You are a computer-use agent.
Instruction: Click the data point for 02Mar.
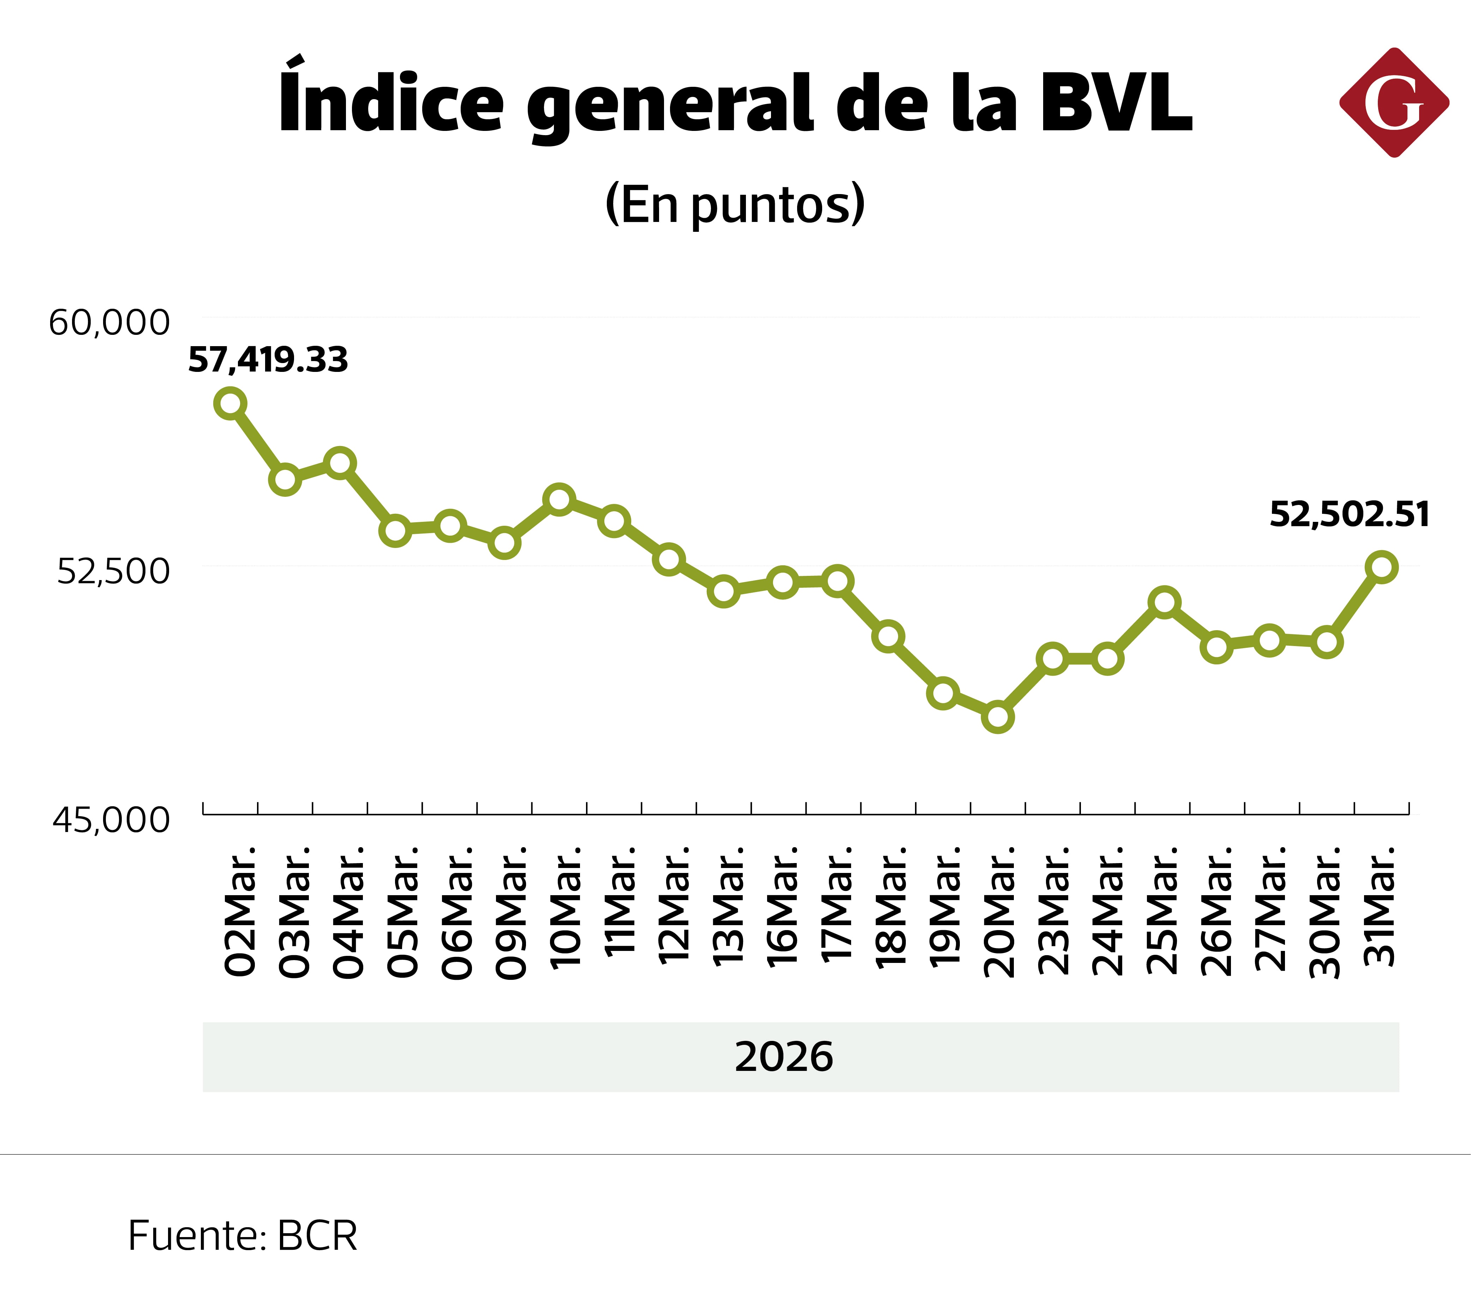coord(230,404)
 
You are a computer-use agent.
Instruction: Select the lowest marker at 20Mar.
coord(998,717)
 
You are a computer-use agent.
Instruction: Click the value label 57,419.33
coord(268,360)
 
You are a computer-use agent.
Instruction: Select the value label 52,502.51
coord(1349,514)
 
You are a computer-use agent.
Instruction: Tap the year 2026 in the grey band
coord(784,1057)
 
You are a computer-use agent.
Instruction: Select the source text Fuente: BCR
coord(243,1236)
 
